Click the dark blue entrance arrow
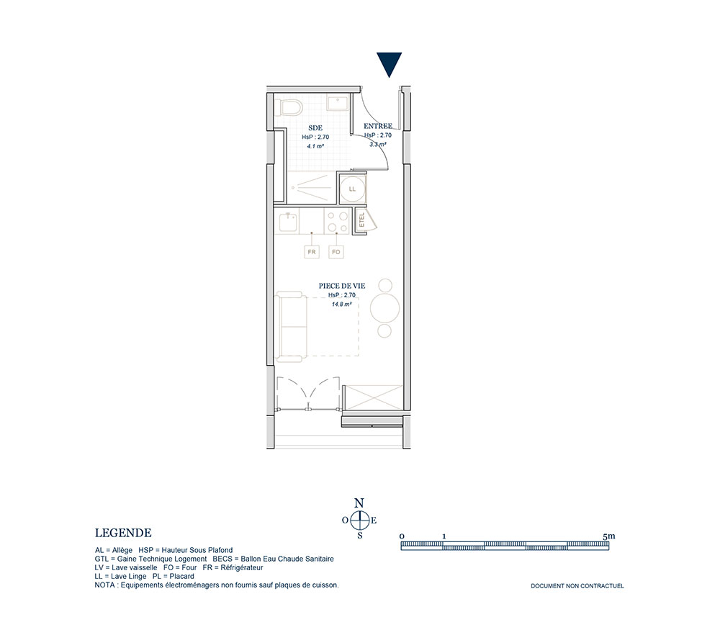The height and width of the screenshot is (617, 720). coord(390,64)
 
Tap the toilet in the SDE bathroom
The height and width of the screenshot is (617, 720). coord(291,107)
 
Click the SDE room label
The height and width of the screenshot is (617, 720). coord(315,127)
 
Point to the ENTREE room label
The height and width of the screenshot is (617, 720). coord(378,126)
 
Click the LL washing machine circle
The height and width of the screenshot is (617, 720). coord(352,189)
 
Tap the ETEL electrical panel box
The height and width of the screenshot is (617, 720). coord(362,220)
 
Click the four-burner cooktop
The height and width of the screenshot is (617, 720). coord(337,221)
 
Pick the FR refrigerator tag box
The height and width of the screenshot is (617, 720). coord(312,252)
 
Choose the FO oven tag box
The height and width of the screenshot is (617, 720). coord(336,252)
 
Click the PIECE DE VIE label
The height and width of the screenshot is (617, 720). coord(342,286)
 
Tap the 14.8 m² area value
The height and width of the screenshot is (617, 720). coord(341,304)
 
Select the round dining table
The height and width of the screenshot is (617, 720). coord(384,308)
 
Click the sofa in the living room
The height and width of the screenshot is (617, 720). coord(291,326)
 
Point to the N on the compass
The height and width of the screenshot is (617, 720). coord(359,503)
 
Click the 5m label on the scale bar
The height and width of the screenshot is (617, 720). coord(609,536)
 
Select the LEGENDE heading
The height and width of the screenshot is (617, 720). coord(123,533)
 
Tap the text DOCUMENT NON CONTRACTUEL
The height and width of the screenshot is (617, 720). coord(577,586)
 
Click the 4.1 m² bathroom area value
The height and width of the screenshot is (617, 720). coord(315,146)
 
